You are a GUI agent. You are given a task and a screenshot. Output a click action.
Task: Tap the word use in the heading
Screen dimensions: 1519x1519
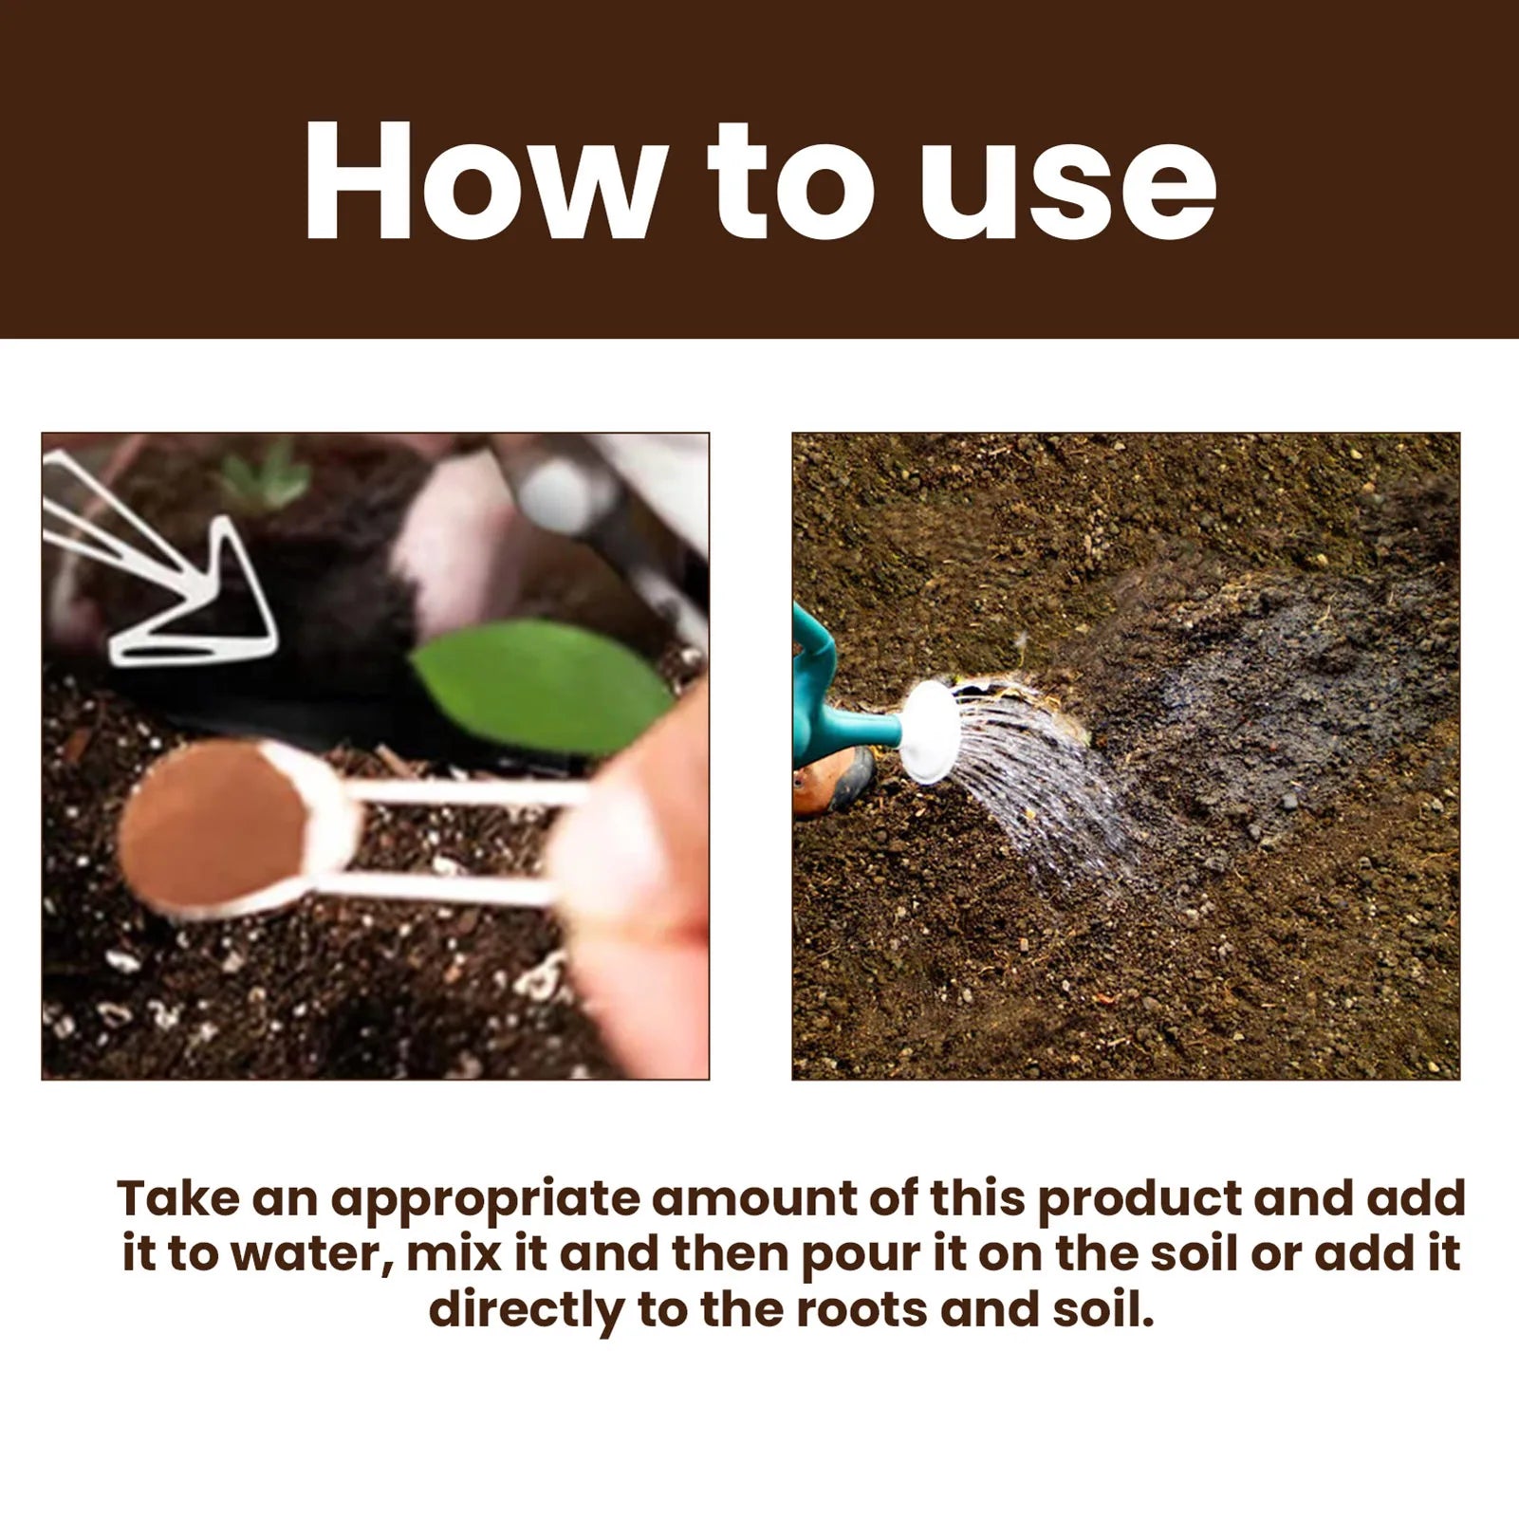tap(1067, 182)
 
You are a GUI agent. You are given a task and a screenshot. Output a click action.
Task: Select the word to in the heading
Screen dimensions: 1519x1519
tap(789, 182)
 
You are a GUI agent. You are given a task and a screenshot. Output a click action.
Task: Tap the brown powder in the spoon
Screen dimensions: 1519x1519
tap(213, 825)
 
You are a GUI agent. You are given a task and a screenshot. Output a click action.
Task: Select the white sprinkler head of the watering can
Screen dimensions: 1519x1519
tap(930, 732)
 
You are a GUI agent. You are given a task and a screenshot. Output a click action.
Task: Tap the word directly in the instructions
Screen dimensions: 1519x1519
tap(527, 1310)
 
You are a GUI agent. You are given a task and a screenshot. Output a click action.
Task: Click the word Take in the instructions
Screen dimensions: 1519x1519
tap(178, 1199)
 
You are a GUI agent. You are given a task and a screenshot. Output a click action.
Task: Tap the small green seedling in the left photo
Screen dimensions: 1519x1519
tap(266, 479)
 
